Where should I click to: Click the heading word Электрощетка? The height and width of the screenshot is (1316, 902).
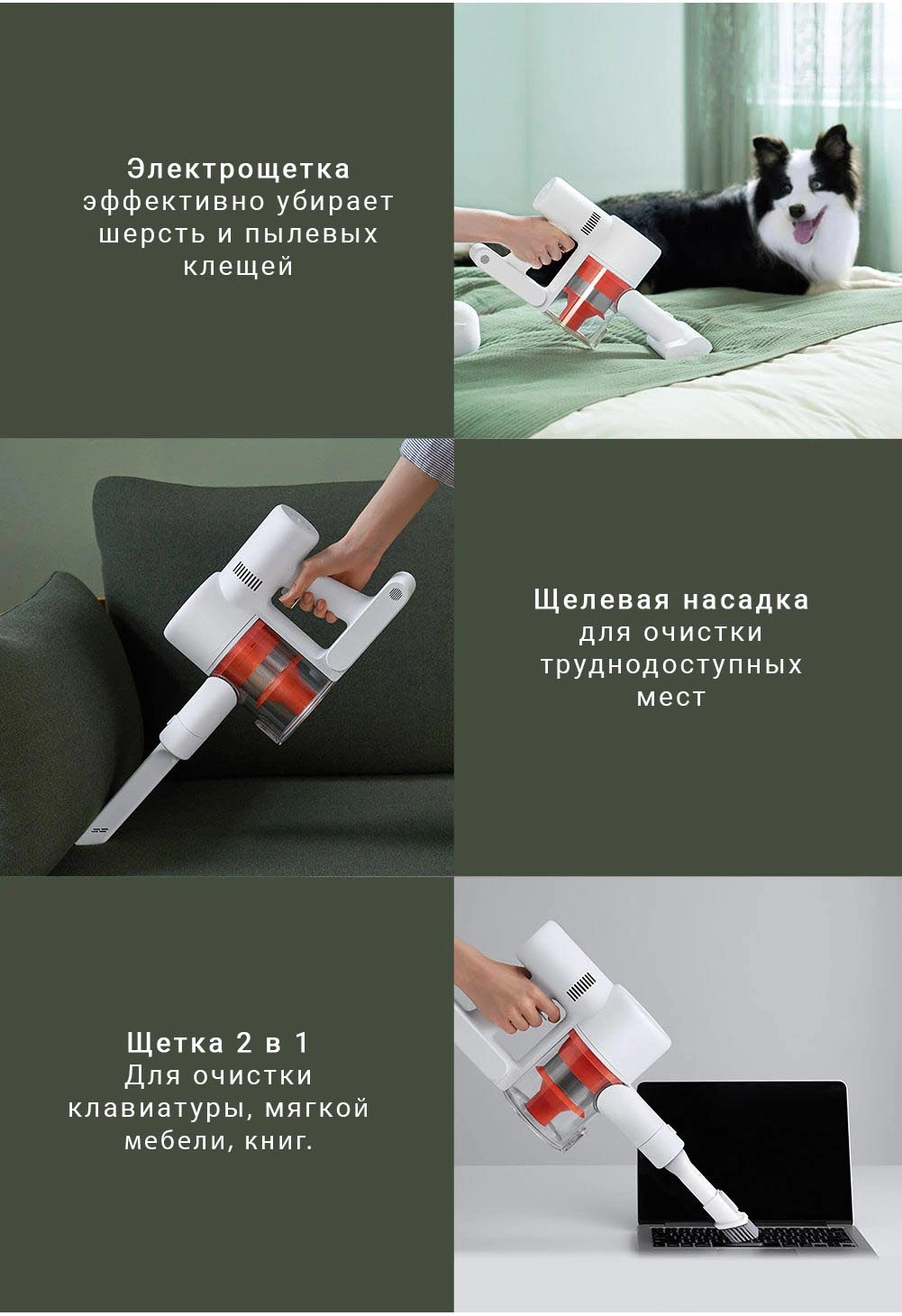pyautogui.click(x=239, y=169)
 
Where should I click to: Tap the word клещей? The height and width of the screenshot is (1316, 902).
pyautogui.click(x=239, y=267)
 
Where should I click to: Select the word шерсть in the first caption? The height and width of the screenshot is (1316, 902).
pyautogui.click(x=152, y=234)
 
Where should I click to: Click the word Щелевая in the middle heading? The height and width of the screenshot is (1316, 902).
pyautogui.click(x=601, y=599)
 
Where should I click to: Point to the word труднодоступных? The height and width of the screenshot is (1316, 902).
pyautogui.click(x=671, y=665)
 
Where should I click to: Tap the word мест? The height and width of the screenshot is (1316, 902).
pyautogui.click(x=671, y=698)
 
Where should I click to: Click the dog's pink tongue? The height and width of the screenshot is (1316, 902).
pyautogui.click(x=804, y=233)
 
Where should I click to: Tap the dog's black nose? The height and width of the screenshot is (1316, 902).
pyautogui.click(x=797, y=210)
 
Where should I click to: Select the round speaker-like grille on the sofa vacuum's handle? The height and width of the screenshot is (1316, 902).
pyautogui.click(x=395, y=593)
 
